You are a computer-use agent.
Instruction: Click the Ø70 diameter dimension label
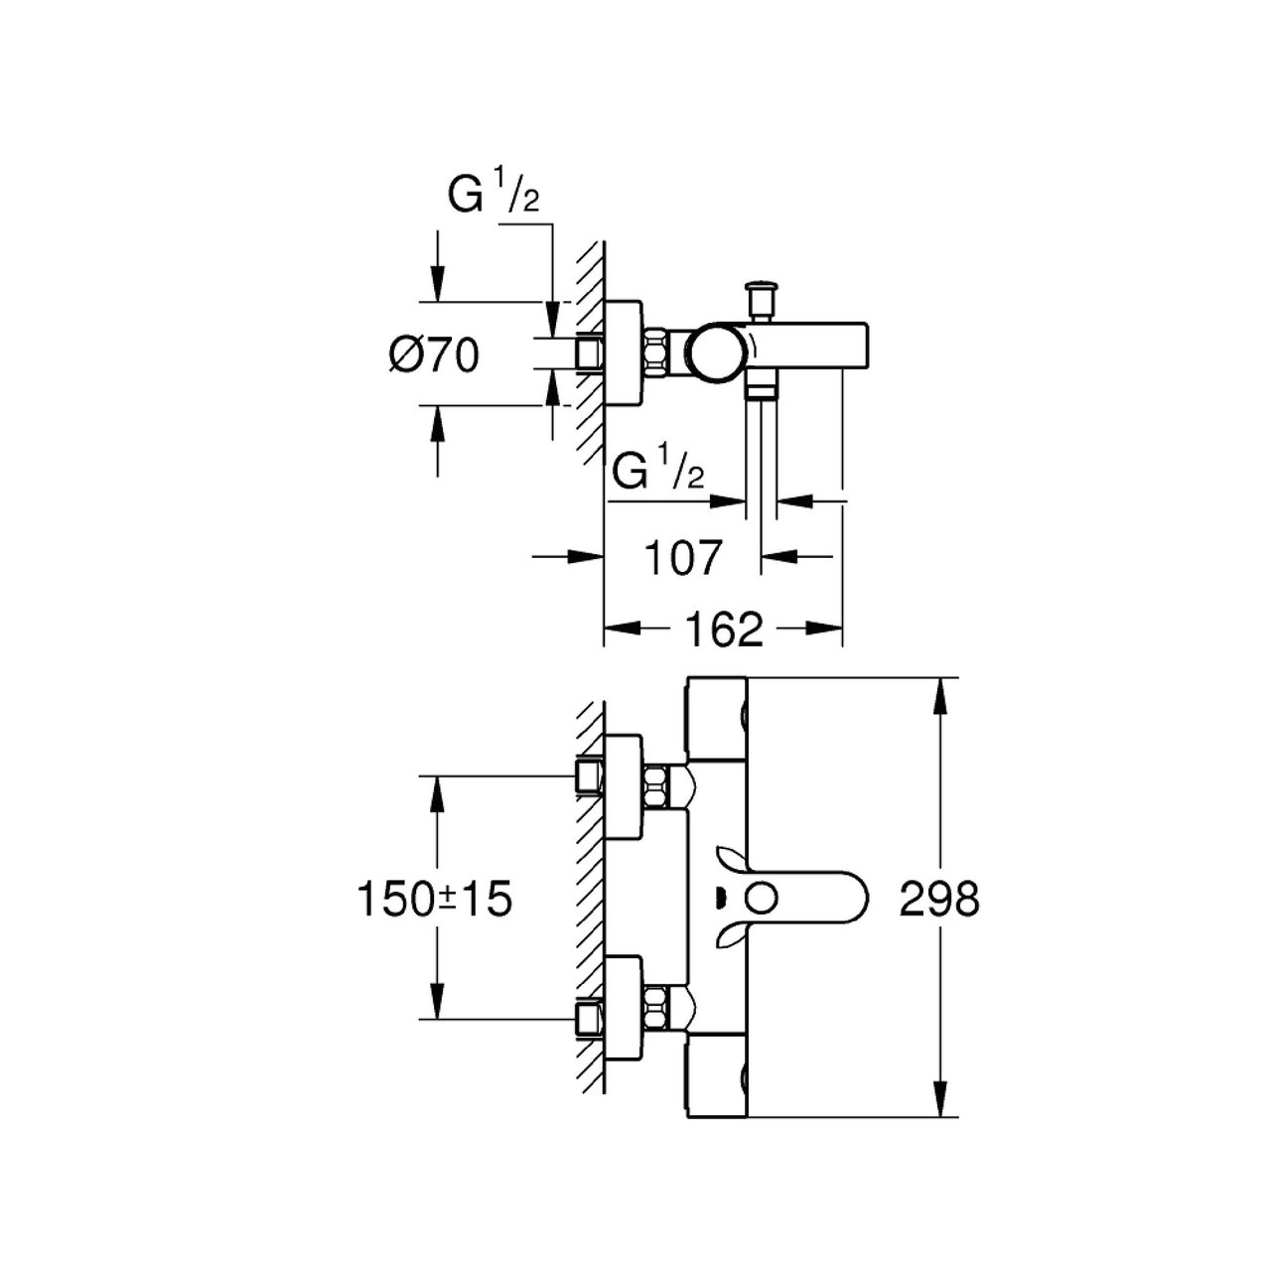click(x=433, y=356)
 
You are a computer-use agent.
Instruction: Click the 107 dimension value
click(x=683, y=558)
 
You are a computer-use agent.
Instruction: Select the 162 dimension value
click(x=724, y=631)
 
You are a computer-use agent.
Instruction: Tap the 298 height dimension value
click(x=940, y=899)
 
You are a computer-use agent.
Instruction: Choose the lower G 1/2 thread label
click(x=658, y=471)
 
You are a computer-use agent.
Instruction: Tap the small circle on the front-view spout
click(x=762, y=899)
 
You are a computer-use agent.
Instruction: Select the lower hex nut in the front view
click(x=656, y=1010)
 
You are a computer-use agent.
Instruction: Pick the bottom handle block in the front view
click(x=718, y=1076)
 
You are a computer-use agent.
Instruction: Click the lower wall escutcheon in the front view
click(x=623, y=1010)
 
